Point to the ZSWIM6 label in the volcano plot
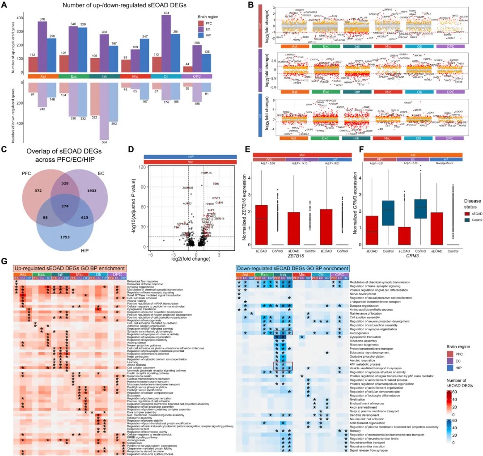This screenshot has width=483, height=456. pyautogui.click(x=188, y=188)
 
